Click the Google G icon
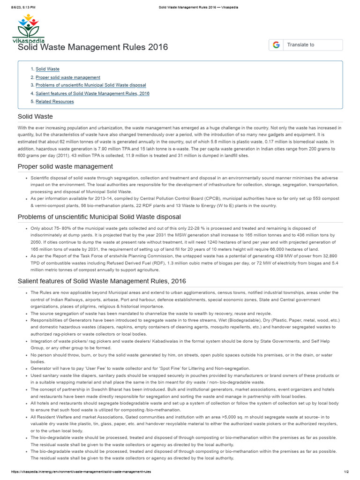point(276,45)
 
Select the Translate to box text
point(300,45)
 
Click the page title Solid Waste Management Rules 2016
point(92,47)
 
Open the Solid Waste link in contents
point(47,69)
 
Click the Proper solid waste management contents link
point(67,77)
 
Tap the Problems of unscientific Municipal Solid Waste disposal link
point(90,85)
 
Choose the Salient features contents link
point(92,93)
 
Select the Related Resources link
point(54,101)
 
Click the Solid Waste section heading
point(35,116)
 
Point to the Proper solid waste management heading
point(65,166)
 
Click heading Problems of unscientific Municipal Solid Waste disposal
point(99,217)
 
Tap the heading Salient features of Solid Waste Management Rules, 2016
point(102,281)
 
